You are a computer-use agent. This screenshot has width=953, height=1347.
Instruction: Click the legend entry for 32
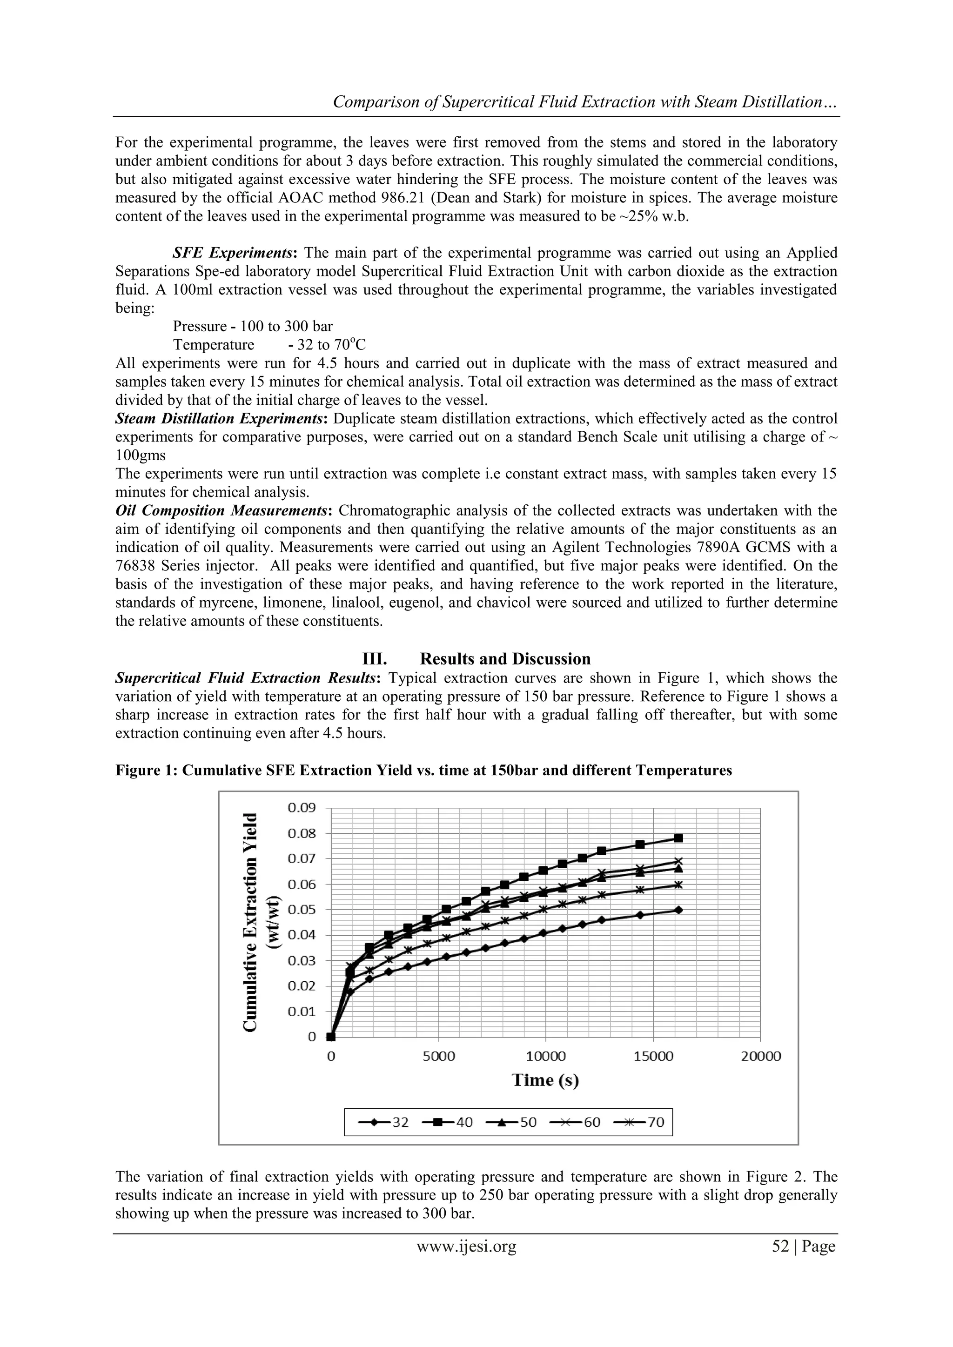[x=384, y=1122]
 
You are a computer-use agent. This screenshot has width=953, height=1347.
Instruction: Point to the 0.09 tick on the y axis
[x=302, y=808]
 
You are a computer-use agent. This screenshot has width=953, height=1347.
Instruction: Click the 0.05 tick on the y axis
[x=302, y=910]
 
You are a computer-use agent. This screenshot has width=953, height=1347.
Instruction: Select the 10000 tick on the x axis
[x=546, y=1056]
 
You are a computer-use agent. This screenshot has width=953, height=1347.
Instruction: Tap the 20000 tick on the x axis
[x=760, y=1056]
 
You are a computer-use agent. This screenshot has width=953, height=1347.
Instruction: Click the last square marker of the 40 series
[x=678, y=838]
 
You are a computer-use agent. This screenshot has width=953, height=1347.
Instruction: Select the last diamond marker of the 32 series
[x=678, y=910]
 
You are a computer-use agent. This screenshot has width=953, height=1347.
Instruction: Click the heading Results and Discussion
[x=505, y=659]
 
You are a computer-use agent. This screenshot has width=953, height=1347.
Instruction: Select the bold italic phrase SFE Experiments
[x=235, y=253]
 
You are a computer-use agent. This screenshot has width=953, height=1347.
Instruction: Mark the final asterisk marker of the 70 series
[x=678, y=885]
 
